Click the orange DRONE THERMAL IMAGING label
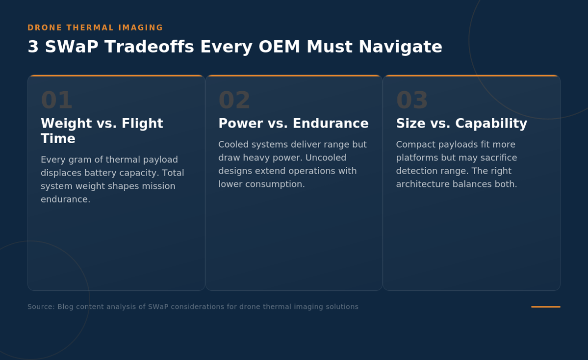[x=95, y=28]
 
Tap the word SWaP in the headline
[x=72, y=47]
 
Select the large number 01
[x=56, y=100]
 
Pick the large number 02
[x=234, y=100]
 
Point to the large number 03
[x=412, y=100]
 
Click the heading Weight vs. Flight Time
[x=102, y=131]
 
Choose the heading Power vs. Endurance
[x=294, y=124]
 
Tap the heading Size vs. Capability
[x=461, y=124]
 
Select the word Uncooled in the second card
[x=326, y=157]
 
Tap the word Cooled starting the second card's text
[x=232, y=144]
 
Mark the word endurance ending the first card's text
[x=66, y=200]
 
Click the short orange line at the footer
[x=546, y=307]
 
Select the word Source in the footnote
[x=41, y=307]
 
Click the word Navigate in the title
[x=401, y=48]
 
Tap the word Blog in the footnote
[x=65, y=307]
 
